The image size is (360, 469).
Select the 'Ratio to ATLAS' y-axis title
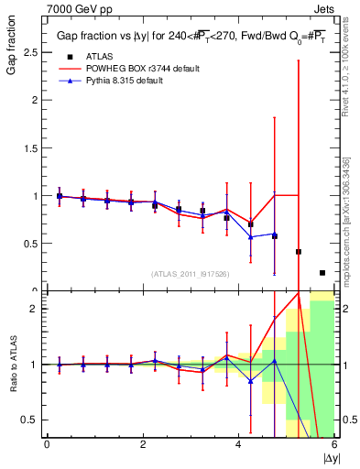click(12, 365)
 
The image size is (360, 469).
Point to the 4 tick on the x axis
click(238, 443)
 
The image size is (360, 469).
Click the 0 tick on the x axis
click(47, 443)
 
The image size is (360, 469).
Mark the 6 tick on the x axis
click(334, 443)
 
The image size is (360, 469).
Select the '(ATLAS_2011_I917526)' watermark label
click(190, 274)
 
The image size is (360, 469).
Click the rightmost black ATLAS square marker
click(322, 273)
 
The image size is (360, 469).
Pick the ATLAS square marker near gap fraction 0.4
click(299, 251)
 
